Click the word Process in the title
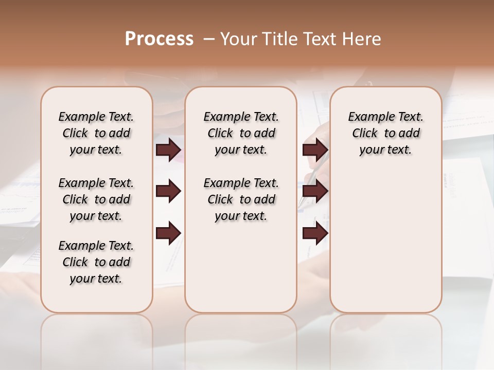(x=159, y=39)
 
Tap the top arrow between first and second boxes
(x=168, y=150)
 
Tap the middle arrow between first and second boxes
(x=168, y=192)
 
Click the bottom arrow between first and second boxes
(x=168, y=233)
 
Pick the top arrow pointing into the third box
(x=315, y=150)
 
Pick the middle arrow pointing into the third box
(x=315, y=192)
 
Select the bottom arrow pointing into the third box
(x=315, y=233)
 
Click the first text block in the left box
(x=96, y=133)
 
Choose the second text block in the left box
(x=96, y=199)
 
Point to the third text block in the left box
(x=96, y=262)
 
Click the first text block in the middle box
(x=241, y=133)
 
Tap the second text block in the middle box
(x=241, y=199)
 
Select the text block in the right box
(x=385, y=133)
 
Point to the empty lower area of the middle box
(x=241, y=267)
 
